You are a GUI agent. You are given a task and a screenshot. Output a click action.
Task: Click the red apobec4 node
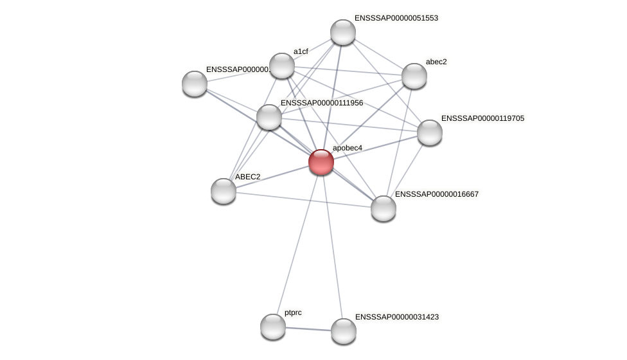coord(321,162)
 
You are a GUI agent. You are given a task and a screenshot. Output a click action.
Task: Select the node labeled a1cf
coord(282,66)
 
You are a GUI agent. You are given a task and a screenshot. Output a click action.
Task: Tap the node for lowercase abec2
coord(414,76)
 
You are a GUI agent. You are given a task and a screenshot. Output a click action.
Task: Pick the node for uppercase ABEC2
coord(224,191)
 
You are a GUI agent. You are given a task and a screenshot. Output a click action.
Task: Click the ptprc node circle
coord(273,327)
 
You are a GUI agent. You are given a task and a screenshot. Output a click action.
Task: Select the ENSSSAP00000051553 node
coord(343,32)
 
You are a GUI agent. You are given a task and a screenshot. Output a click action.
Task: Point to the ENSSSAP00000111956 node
coord(269,117)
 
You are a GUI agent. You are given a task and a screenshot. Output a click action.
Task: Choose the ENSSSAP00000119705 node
coord(430,132)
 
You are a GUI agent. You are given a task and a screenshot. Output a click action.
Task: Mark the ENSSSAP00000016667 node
coord(384,208)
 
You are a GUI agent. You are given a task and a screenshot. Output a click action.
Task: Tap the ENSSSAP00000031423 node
coord(344,331)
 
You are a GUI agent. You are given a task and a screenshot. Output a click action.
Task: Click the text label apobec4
coord(347,148)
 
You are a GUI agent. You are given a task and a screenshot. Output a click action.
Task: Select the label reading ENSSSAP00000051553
coord(396,18)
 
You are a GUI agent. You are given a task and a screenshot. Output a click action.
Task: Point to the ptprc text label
coord(293,312)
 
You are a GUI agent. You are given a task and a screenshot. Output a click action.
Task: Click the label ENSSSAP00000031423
coord(396,317)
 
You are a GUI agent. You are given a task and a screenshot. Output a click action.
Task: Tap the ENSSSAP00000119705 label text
coord(482,118)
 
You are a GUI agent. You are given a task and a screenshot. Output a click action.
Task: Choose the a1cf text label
coord(301,51)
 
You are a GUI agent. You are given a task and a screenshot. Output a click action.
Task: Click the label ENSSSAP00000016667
coord(436,194)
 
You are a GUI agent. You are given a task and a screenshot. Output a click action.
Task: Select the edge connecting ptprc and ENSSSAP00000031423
coord(308,328)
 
